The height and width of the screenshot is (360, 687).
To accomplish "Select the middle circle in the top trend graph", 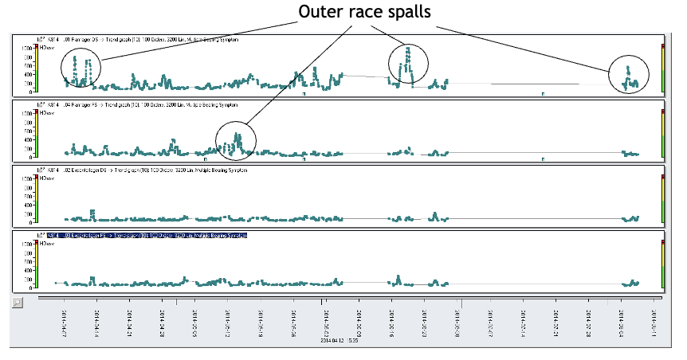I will click(x=408, y=62).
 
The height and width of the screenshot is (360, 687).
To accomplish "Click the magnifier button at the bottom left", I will click(x=18, y=303).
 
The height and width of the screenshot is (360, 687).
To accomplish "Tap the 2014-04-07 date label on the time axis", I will click(x=63, y=323).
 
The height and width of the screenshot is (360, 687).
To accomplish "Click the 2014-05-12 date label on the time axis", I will click(x=227, y=323).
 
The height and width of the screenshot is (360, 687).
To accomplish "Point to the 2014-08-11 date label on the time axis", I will click(x=654, y=323).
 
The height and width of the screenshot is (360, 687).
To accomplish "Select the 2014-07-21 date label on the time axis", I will click(x=555, y=323).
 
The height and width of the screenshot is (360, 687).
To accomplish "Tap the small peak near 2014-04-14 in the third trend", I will click(x=93, y=212).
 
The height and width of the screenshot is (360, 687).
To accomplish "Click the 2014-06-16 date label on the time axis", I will click(x=391, y=323).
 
